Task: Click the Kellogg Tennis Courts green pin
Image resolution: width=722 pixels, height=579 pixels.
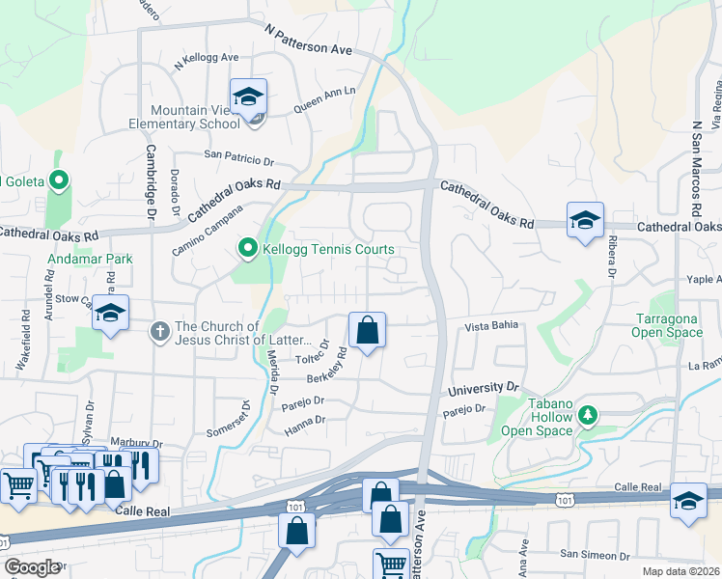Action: coord(247,250)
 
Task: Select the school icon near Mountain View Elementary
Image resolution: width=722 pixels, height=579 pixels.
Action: coord(248,96)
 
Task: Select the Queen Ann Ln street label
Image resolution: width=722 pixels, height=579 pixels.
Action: coord(324,98)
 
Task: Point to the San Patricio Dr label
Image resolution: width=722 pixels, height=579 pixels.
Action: coord(239,154)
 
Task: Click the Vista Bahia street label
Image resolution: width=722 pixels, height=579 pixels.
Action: coord(492,327)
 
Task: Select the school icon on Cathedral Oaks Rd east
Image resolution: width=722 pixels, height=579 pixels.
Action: coord(585,221)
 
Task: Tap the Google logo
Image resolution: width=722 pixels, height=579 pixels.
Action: coord(31,567)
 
